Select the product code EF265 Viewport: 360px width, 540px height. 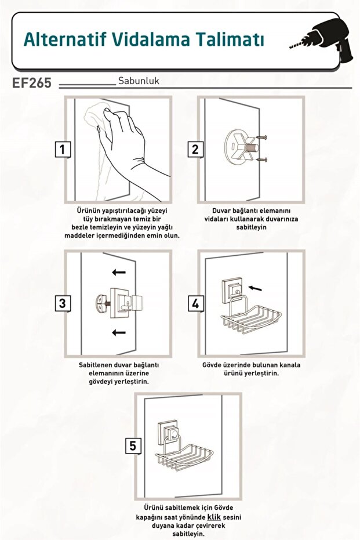[32, 82]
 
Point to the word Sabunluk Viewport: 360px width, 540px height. [139, 81]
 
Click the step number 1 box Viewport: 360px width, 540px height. [63, 150]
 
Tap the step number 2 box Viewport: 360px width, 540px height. [195, 150]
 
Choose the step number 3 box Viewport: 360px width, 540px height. [63, 303]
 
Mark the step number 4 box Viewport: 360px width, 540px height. [195, 303]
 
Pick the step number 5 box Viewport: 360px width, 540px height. [133, 445]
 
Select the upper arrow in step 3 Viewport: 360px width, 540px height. [119, 273]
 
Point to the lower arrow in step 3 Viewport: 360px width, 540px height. [119, 332]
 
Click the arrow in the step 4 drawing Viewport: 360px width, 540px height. [254, 288]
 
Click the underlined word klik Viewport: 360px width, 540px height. [214, 517]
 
